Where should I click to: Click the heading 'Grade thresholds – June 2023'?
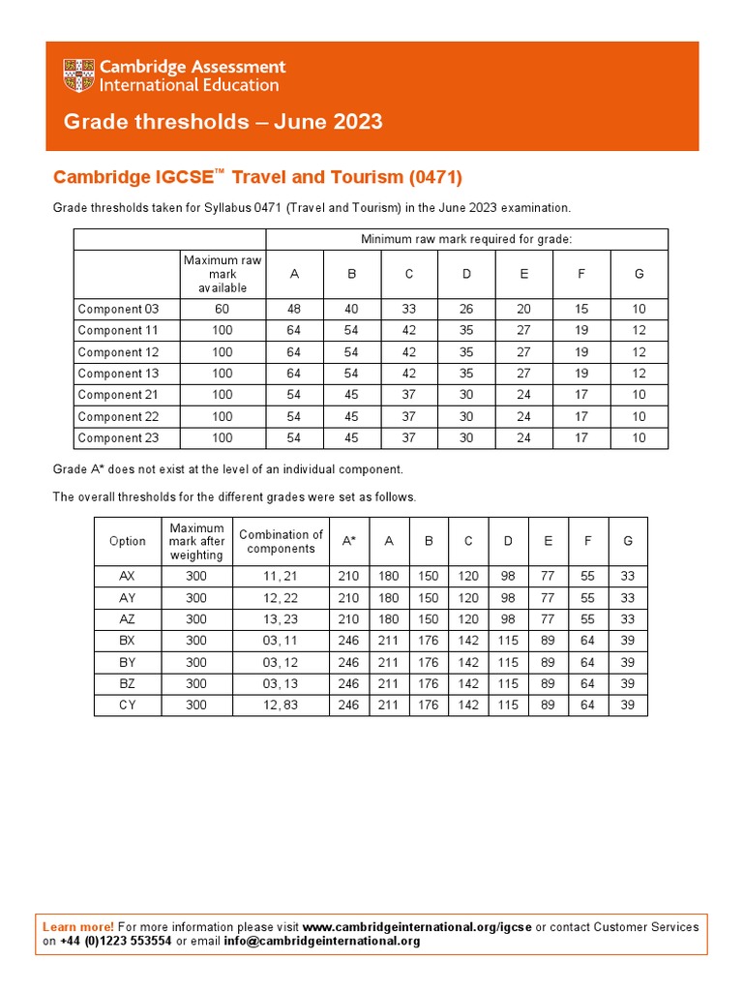[x=223, y=122]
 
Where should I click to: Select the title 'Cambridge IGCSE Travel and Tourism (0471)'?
[x=257, y=177]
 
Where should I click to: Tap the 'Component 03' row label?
[x=118, y=310]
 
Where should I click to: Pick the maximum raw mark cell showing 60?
[x=223, y=310]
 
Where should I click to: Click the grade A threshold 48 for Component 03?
[x=294, y=310]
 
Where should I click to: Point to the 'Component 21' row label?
[x=118, y=395]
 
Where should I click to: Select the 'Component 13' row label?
[x=118, y=374]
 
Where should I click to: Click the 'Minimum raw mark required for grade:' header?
[x=466, y=239]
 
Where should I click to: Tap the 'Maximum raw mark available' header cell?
[x=223, y=274]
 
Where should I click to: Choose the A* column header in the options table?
[x=347, y=541]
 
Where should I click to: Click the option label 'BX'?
[x=128, y=641]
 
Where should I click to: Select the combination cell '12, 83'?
[x=281, y=706]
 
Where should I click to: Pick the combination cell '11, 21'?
[x=281, y=576]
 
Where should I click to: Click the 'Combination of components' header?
[x=281, y=541]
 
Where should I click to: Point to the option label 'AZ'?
[x=128, y=619]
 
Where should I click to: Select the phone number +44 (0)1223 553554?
[x=116, y=941]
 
